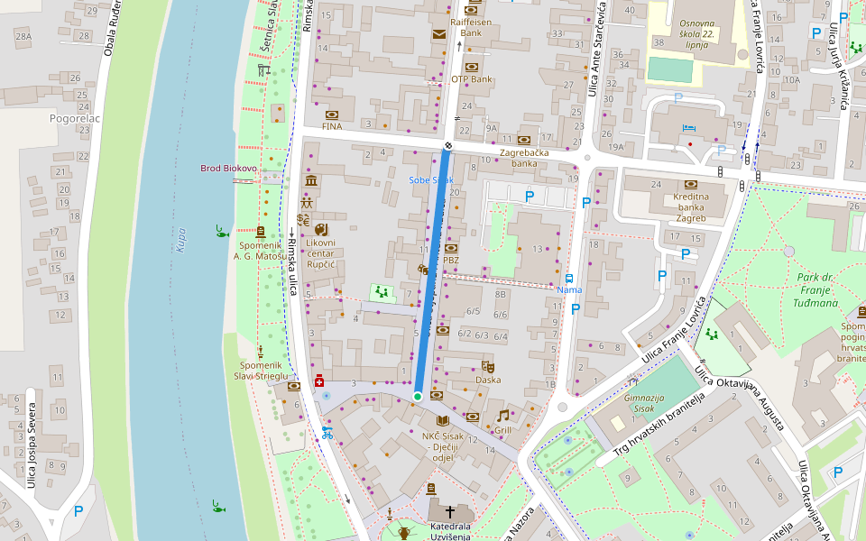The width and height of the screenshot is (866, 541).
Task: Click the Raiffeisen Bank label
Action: tap(471, 26)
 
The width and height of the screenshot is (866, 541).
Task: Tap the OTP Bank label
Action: tap(472, 79)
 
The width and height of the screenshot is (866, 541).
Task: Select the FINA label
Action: tap(332, 126)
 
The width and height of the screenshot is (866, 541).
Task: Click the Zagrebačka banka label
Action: tap(524, 158)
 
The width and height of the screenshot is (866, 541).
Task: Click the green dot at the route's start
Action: tap(418, 396)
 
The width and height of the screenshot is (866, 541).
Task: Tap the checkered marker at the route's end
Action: tap(448, 145)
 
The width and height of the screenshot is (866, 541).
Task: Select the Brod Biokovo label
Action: tap(229, 169)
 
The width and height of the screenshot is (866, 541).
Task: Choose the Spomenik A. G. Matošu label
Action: tap(261, 250)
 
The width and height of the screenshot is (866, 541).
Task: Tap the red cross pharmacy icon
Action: tap(319, 381)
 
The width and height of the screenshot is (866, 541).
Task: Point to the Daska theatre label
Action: tap(488, 380)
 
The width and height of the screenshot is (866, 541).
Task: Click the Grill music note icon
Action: tap(502, 416)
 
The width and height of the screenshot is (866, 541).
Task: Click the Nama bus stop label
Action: tap(569, 289)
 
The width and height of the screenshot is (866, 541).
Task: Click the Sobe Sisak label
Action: tap(430, 180)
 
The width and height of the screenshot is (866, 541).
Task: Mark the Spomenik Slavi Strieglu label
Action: tap(261, 370)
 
